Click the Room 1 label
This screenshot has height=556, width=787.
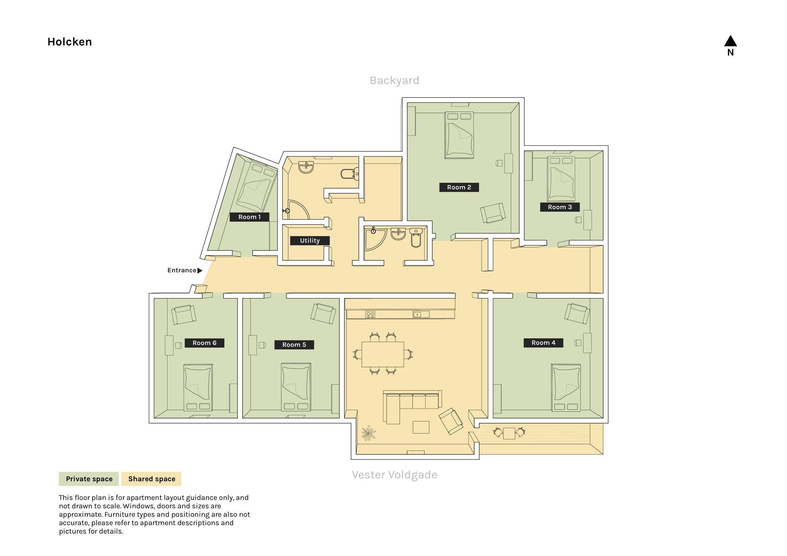pos(249,217)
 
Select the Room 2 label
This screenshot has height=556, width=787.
pos(459,187)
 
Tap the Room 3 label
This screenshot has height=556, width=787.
pos(560,207)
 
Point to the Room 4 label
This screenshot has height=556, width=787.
pos(543,343)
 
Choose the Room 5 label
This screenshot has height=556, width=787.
pos(294,345)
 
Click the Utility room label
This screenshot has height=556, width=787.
pos(310,241)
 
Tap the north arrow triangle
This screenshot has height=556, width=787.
pos(730,41)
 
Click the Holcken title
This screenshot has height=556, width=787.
pos(69,42)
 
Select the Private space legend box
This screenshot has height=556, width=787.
pos(89,479)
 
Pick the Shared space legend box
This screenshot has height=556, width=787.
pos(151,479)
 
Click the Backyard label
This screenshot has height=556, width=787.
pos(394,81)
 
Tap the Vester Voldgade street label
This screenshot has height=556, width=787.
pos(394,475)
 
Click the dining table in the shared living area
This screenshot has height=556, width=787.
pos(383,354)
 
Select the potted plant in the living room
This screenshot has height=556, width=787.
pos(369,433)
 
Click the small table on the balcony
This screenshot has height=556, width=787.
pos(509,433)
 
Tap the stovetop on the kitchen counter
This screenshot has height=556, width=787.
pos(370,314)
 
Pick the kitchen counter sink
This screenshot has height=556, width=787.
pos(421,314)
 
